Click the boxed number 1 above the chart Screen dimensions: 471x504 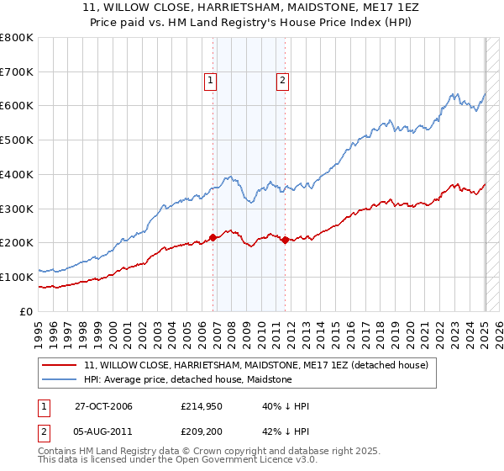pyautogui.click(x=209, y=81)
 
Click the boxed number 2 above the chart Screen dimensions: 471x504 pyautogui.click(x=282, y=81)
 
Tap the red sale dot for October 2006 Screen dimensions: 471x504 pyautogui.click(x=213, y=237)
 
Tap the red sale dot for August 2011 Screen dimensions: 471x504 pyautogui.click(x=286, y=240)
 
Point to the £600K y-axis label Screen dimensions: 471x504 pyautogui.click(x=17, y=106)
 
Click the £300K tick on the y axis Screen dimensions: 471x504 pyautogui.click(x=17, y=209)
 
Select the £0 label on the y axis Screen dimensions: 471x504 pyautogui.click(x=27, y=311)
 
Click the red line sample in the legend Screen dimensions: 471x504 pyautogui.click(x=60, y=365)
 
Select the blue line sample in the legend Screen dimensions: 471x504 pyautogui.click(x=60, y=379)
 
